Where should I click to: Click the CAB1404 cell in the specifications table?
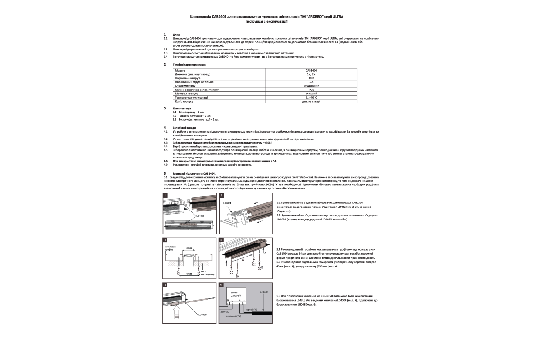click(x=311, y=71)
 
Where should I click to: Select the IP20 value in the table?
click(x=311, y=90)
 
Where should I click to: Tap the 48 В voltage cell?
click(x=311, y=78)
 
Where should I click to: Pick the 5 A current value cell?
click(x=311, y=82)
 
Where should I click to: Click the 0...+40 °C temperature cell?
click(x=311, y=97)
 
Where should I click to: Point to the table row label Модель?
click(x=180, y=71)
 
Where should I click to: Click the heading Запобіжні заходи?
click(x=184, y=128)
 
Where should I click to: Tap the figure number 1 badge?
click(x=166, y=195)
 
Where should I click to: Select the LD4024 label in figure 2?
click(x=227, y=203)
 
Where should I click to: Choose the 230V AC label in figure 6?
click(x=225, y=311)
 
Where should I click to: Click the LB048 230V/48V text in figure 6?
click(x=237, y=294)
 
